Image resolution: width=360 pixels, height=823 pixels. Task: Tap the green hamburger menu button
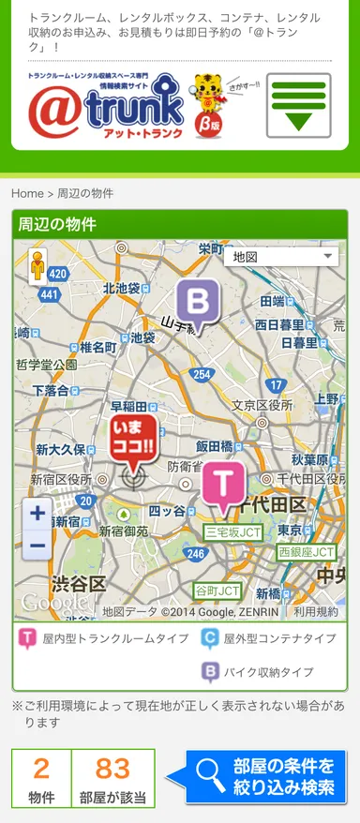pyautogui.click(x=298, y=105)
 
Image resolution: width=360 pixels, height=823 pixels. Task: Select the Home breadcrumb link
pyautogui.click(x=27, y=193)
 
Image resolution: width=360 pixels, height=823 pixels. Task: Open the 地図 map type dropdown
pyautogui.click(x=282, y=256)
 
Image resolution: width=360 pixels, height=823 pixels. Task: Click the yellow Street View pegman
pyautogui.click(x=37, y=266)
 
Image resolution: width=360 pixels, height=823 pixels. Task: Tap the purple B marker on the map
pyautogui.click(x=198, y=304)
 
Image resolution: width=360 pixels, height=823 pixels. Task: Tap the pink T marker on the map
pyautogui.click(x=223, y=485)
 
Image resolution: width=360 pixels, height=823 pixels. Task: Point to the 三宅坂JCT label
pyautogui.click(x=233, y=532)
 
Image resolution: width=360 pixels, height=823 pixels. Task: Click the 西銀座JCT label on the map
pyautogui.click(x=306, y=552)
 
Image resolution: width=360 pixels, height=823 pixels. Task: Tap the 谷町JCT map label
pyautogui.click(x=217, y=591)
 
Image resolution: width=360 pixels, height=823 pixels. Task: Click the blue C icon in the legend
pyautogui.click(x=210, y=639)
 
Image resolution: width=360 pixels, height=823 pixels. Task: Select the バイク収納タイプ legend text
pyautogui.click(x=268, y=672)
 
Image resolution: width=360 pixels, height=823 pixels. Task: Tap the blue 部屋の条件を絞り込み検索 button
pyautogui.click(x=267, y=777)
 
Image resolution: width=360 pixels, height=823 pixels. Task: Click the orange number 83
pyautogui.click(x=112, y=769)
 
